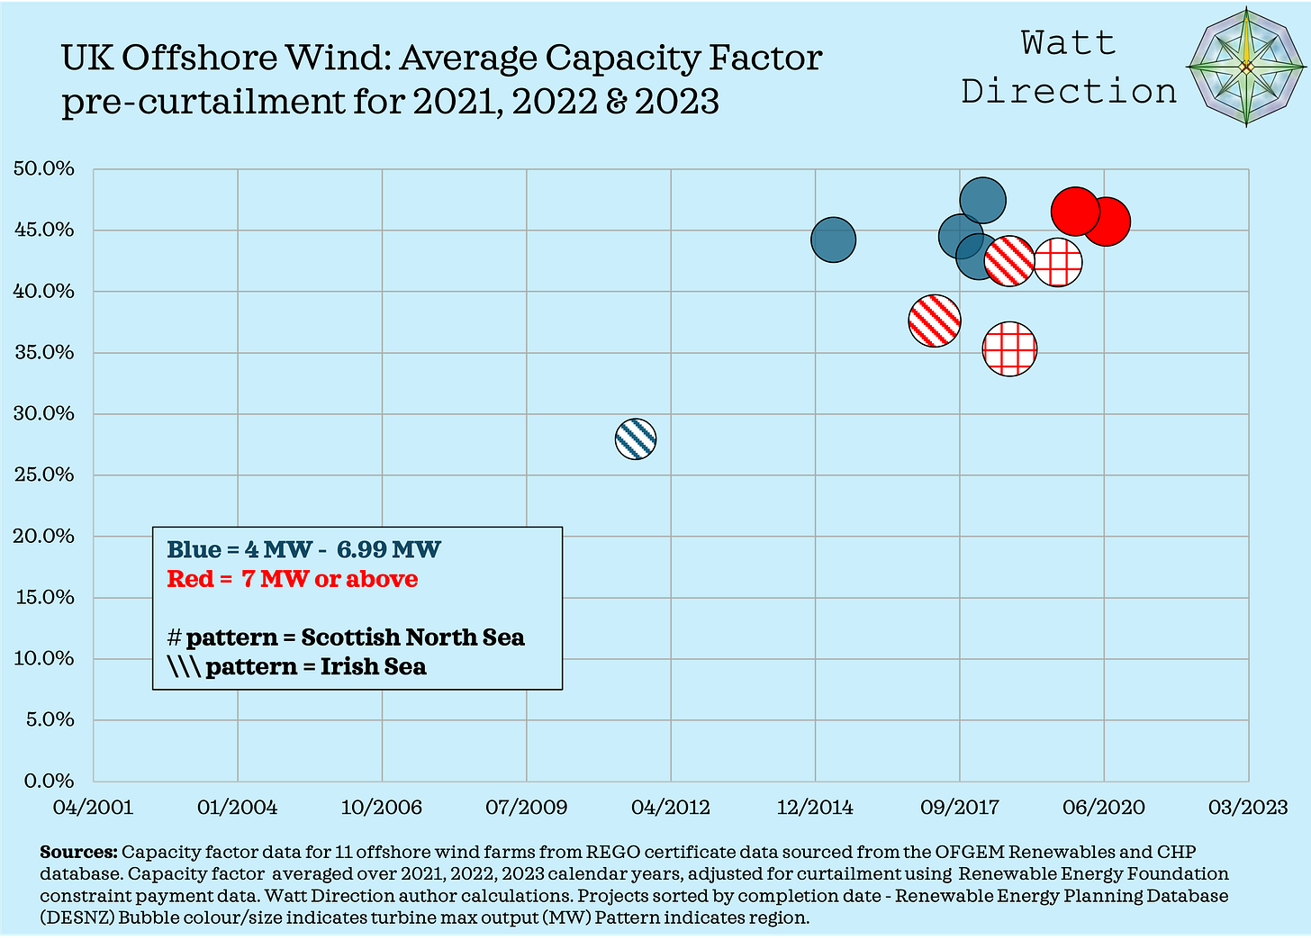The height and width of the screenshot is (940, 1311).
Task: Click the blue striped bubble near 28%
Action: [x=636, y=439]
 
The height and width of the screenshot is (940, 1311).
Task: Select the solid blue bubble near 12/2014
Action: [x=834, y=240]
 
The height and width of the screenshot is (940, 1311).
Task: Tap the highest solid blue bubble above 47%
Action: [x=982, y=201]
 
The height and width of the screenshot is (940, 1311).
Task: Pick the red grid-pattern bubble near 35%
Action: [x=1010, y=349]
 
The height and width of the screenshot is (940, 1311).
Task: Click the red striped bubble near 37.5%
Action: [x=935, y=320]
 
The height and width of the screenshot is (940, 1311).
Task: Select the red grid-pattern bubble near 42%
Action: [x=1058, y=262]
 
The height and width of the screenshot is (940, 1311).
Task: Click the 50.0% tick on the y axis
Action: [x=44, y=168]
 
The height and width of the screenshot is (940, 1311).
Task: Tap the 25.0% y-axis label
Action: [x=44, y=475]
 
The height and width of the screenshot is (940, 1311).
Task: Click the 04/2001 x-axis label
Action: [x=94, y=807]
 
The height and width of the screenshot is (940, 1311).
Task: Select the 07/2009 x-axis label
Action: [x=527, y=807]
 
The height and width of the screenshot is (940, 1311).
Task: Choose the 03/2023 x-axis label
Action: [x=1247, y=807]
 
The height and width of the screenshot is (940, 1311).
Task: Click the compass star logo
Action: [x=1246, y=68]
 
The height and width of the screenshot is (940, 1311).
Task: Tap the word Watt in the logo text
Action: [x=1068, y=42]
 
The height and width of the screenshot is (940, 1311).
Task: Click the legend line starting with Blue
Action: [x=304, y=549]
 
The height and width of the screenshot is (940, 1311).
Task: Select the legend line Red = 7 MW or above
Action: [x=293, y=578]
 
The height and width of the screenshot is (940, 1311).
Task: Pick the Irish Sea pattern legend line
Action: [x=297, y=666]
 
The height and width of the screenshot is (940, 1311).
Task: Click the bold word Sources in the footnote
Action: [x=78, y=852]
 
